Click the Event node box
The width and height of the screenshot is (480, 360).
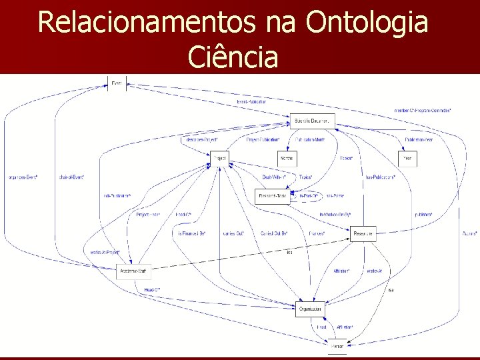click(117, 83)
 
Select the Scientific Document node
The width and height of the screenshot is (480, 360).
click(312, 121)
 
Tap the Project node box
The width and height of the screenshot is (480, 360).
click(219, 159)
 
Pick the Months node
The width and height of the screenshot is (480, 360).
click(287, 159)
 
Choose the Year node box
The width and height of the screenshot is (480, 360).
click(408, 159)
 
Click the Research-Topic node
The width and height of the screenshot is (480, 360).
click(273, 196)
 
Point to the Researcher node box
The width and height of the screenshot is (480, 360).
click(363, 234)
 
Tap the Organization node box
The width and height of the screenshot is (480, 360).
click(309, 309)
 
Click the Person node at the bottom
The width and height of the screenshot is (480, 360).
click(338, 346)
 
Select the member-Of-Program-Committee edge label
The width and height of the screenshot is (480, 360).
click(422, 109)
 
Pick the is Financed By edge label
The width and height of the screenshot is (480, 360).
click(191, 233)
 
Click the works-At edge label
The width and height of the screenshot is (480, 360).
click(373, 271)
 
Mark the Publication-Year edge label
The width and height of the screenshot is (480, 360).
click(419, 139)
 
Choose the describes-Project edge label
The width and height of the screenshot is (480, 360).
click(199, 139)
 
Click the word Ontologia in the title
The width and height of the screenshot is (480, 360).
click(367, 23)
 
